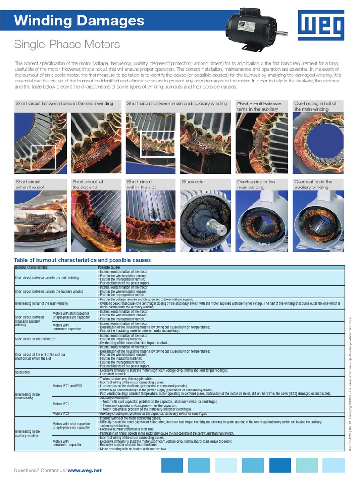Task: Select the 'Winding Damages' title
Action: (x=79, y=21)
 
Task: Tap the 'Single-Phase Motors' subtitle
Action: (x=67, y=45)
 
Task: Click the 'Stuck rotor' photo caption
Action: (x=194, y=182)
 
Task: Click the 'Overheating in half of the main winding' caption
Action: (x=315, y=106)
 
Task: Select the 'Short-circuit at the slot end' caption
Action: (x=88, y=184)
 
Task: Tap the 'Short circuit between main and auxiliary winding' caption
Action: (x=177, y=104)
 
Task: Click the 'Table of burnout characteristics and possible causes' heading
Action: (x=82, y=260)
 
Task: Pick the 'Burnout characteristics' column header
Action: (x=31, y=268)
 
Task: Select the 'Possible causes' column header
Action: (x=109, y=268)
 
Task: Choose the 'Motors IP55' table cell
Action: (x=61, y=414)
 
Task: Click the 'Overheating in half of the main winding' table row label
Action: (x=41, y=303)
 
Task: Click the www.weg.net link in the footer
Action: (x=84, y=470)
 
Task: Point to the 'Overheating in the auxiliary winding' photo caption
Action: (x=313, y=184)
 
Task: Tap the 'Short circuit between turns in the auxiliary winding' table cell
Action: (x=49, y=292)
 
